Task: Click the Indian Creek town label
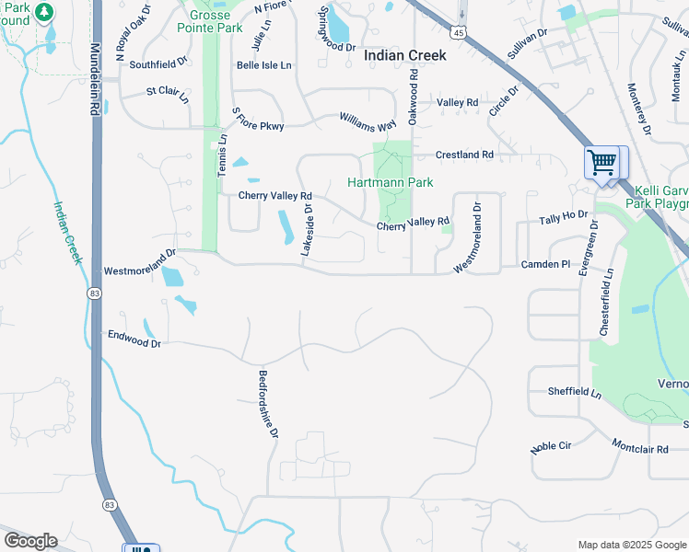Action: coord(405,55)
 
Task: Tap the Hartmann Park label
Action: coord(390,182)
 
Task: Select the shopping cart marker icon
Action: coord(601,163)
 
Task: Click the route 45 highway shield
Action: coord(460,32)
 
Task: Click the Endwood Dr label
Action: coord(134,339)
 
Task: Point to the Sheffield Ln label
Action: coord(574,392)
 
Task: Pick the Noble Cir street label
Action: coord(552,447)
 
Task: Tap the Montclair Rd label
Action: coord(640,445)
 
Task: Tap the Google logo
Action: coord(30,541)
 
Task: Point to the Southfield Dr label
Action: coord(158,65)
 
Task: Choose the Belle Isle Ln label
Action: coord(263,65)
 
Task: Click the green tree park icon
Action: coord(42,13)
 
